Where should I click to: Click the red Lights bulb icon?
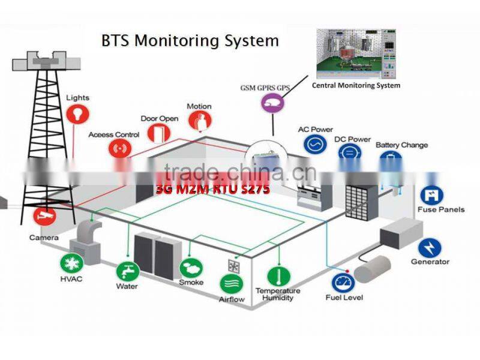pos(77,113)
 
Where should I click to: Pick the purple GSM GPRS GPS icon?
pos(272,103)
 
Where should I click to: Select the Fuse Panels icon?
pos(430,194)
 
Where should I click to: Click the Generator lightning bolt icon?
pos(430,247)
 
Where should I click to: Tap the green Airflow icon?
pos(231,284)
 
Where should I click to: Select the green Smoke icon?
pos(191,268)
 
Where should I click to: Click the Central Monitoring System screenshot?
pos(356,54)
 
